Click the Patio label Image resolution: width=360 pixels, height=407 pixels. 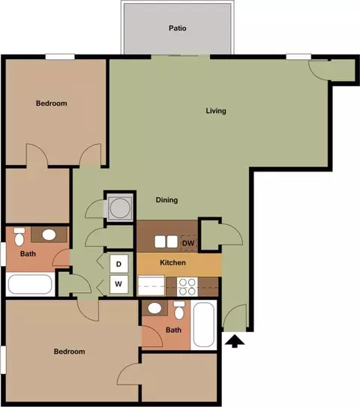pos(178,28)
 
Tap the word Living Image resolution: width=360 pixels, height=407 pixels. pos(216,111)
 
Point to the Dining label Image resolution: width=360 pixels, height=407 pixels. pos(166,200)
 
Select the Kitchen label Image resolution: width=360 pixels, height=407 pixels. pos(172,262)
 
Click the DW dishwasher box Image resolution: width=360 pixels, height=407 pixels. pos(188,243)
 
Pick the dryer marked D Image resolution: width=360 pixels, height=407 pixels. pos(118,264)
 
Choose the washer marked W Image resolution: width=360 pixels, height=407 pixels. pos(118,284)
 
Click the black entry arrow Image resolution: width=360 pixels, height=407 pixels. pos(235,341)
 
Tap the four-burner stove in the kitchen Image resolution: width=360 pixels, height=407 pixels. pos(187,287)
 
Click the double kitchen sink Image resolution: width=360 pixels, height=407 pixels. pos(166,241)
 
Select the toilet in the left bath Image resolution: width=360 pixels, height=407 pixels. pos(19,236)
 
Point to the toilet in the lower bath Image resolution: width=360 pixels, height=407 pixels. pos(179,310)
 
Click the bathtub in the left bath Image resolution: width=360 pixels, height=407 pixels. pos(30,284)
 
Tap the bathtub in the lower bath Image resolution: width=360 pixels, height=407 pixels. pos(204,325)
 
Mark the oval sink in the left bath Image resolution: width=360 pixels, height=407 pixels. pos(49,235)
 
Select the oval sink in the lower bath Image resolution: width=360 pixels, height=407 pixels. pos(154,308)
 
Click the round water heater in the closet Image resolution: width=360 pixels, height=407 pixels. pos(120,208)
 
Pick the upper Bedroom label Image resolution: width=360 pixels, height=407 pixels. pos(52,103)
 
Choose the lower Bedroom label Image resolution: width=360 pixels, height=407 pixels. pos(69,352)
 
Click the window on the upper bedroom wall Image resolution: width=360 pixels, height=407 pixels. pos(60,56)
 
